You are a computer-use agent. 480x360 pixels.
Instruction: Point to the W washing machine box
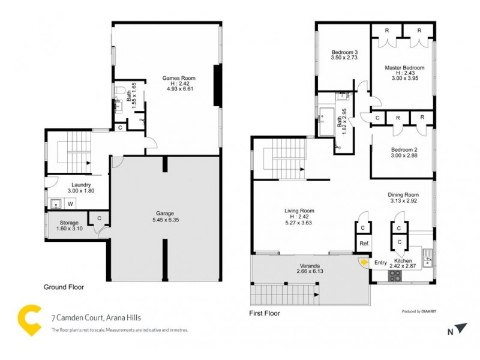(x=70, y=204)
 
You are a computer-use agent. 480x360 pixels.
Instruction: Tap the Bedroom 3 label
(x=343, y=53)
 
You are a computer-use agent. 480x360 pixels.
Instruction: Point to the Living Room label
(x=299, y=211)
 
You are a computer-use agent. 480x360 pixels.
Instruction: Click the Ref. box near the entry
(x=363, y=244)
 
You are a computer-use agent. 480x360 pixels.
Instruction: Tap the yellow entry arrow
(x=363, y=262)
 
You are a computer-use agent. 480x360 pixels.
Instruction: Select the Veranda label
(x=310, y=265)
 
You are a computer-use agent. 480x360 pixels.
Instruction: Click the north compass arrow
(x=461, y=328)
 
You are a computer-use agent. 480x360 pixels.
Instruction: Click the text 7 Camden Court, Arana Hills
(x=96, y=319)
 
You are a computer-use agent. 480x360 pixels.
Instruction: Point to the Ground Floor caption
(x=64, y=287)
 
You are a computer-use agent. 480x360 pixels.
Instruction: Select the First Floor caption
(x=264, y=313)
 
